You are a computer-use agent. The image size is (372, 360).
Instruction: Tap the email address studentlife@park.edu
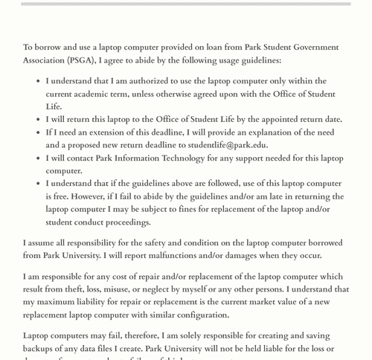(x=228, y=145)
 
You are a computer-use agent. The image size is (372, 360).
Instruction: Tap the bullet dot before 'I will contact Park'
(x=36, y=158)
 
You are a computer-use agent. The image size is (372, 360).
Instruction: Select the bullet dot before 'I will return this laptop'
(x=36, y=120)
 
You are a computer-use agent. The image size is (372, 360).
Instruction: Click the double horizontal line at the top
(x=186, y=4)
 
